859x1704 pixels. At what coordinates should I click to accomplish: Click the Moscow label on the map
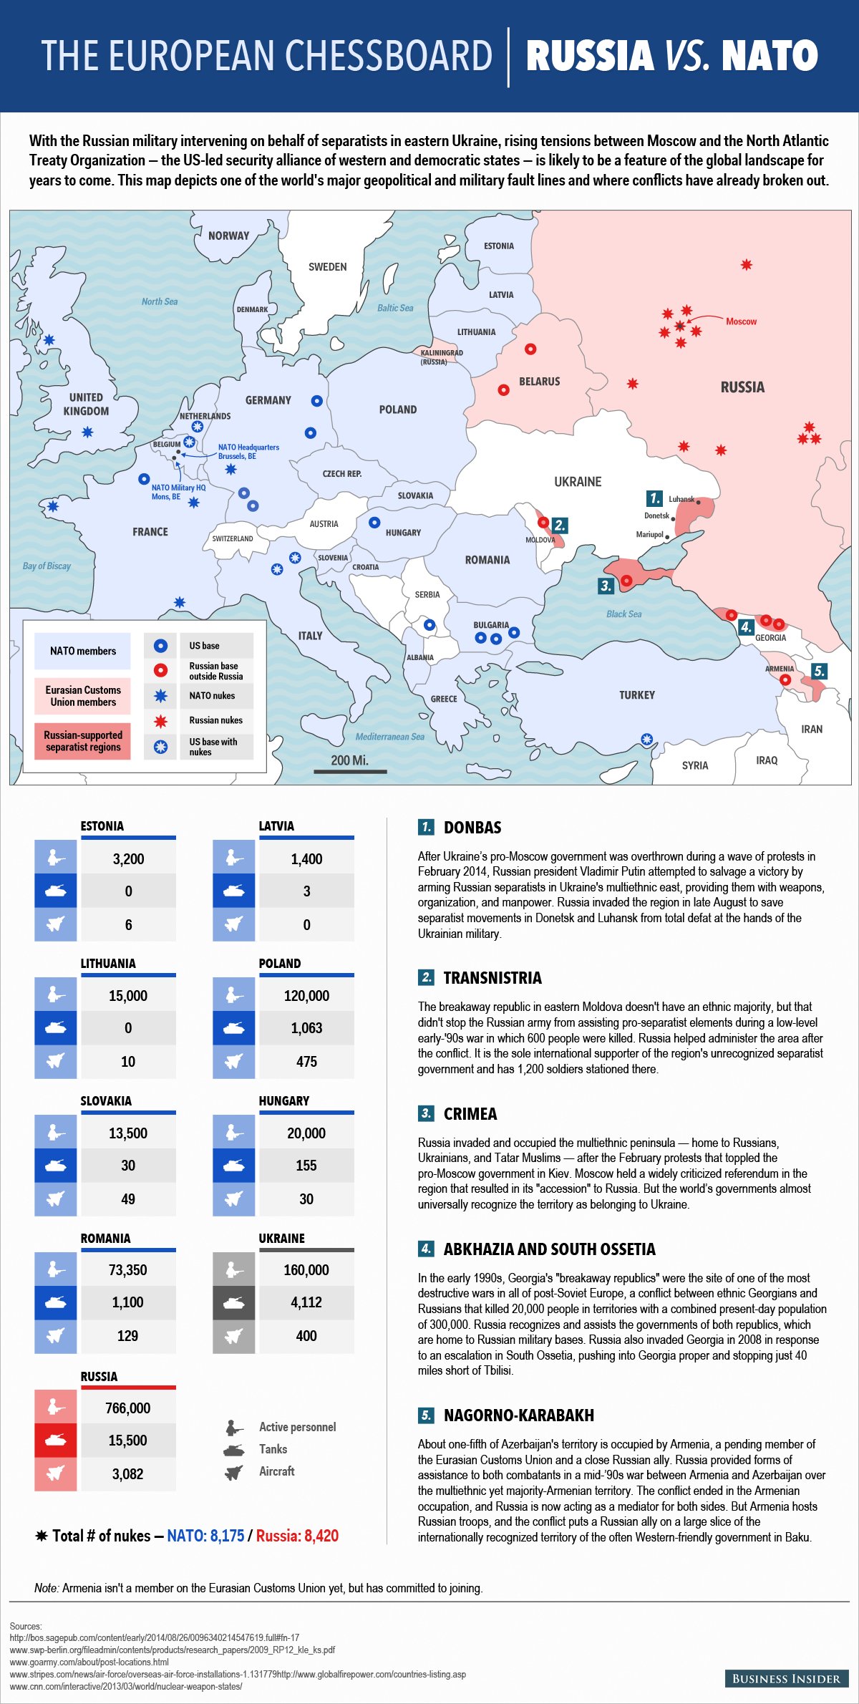tap(741, 321)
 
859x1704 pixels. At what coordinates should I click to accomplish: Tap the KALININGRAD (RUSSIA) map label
tap(441, 357)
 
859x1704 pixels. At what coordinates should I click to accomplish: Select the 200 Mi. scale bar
tap(350, 770)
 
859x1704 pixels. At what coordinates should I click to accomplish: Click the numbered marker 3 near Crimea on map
tap(606, 586)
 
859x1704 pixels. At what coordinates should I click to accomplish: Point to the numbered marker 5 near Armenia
tap(819, 671)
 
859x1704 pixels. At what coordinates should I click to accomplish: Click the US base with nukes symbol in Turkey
tap(646, 739)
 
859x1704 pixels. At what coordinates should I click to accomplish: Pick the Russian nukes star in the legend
tap(161, 721)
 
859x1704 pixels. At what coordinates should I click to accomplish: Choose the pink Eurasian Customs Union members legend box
tap(83, 696)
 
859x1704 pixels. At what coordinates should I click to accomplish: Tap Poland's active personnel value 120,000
tap(306, 996)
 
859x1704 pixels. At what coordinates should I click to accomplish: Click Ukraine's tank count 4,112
tap(306, 1302)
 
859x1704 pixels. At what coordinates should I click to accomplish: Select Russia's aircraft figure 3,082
tap(127, 1474)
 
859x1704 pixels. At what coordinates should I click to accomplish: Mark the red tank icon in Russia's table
tap(55, 1441)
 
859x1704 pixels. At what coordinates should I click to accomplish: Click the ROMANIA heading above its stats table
tap(105, 1239)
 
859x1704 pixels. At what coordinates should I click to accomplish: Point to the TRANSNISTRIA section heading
tap(492, 978)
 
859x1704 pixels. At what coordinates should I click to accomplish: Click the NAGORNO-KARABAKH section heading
tap(518, 1415)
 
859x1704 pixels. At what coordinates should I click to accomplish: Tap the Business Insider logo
tap(786, 1679)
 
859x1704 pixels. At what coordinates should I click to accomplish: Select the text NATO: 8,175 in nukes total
tap(205, 1536)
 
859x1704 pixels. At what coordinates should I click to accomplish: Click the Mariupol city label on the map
tap(649, 535)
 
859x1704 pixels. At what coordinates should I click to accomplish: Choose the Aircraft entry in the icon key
tap(276, 1471)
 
